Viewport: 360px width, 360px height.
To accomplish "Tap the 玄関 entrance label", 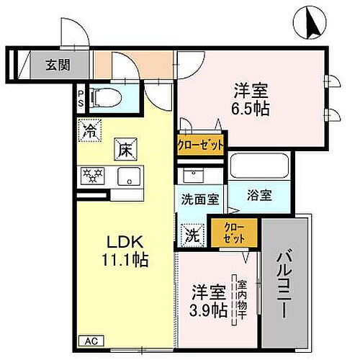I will point(58,63).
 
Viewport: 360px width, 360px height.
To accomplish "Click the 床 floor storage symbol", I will point(123,151).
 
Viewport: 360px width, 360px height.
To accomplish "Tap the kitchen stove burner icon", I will point(92,175).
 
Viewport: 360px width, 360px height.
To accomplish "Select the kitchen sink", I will point(129,175).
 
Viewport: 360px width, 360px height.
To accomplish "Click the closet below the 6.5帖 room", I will point(201,144).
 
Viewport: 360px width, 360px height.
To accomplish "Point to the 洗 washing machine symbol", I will point(191,233).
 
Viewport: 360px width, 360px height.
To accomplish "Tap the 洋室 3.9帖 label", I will point(208,302).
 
